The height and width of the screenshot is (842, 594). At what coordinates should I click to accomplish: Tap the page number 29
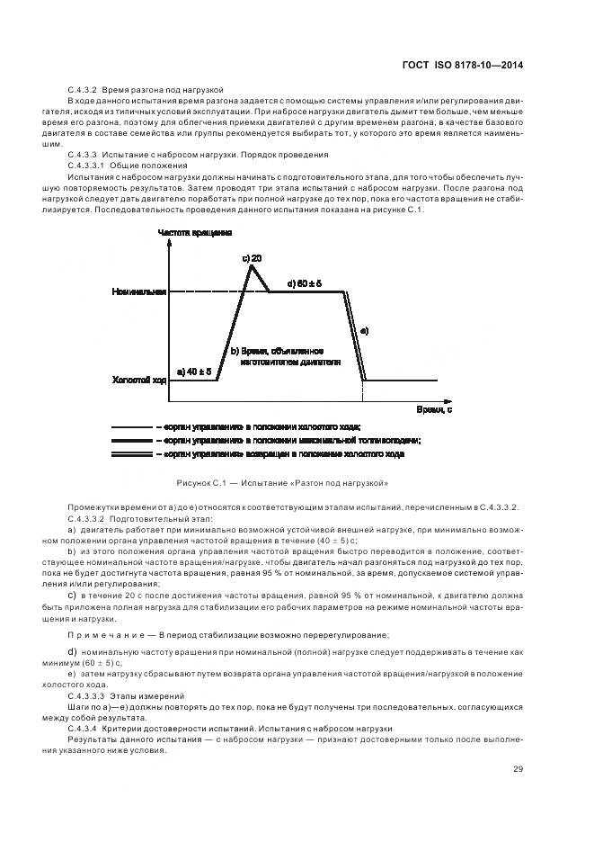(517, 768)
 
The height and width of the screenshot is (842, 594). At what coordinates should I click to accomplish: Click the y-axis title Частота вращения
(195, 232)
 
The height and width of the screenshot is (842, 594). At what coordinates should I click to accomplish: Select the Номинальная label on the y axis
(139, 291)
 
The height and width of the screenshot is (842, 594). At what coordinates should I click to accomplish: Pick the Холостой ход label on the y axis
(139, 380)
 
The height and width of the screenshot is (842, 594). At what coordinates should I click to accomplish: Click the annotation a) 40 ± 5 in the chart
(195, 371)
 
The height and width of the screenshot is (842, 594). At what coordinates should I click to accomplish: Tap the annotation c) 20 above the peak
(252, 258)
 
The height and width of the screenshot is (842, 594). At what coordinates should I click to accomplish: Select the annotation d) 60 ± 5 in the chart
(304, 283)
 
